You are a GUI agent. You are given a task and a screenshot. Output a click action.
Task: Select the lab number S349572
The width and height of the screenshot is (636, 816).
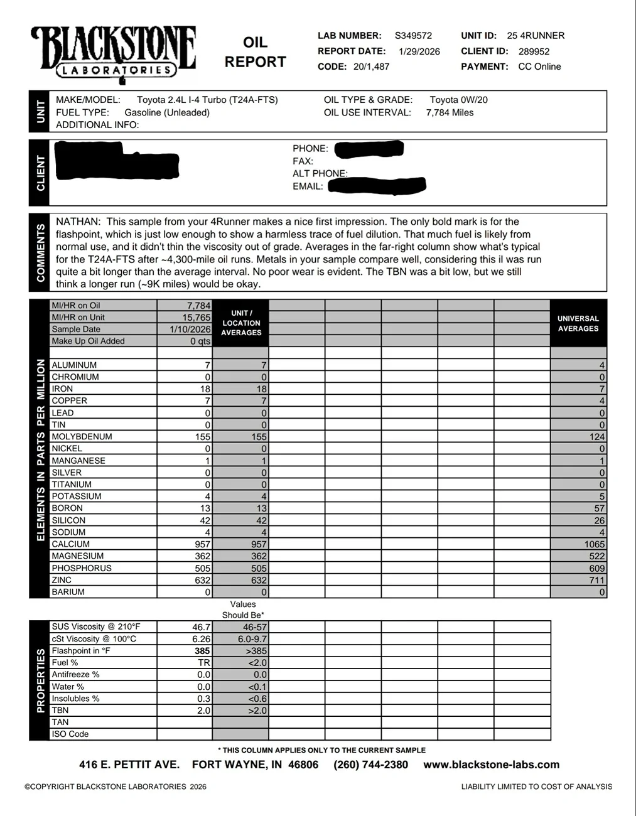coord(413,36)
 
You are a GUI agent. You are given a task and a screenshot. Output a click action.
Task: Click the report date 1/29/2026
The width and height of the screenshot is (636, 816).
coord(419,51)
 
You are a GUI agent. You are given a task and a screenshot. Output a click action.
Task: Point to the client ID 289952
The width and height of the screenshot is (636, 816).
coord(534,51)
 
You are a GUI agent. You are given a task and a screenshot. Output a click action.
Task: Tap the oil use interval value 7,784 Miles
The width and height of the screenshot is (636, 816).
coord(450,113)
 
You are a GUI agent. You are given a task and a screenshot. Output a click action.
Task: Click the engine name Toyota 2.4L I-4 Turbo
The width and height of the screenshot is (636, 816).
coord(207,100)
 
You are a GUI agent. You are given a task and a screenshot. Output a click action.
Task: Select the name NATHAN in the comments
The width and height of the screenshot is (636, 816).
coord(78,222)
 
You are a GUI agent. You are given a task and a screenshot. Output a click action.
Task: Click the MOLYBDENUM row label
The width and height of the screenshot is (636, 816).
coord(82,437)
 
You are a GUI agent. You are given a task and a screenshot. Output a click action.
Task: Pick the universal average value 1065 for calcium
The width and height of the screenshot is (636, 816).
coord(594,544)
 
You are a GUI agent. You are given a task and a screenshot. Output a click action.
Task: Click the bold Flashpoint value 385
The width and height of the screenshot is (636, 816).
coord(202,651)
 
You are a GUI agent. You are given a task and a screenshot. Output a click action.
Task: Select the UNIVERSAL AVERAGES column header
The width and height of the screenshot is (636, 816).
coord(578,323)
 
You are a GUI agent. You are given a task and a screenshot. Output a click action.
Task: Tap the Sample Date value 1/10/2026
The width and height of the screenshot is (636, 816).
coord(190,329)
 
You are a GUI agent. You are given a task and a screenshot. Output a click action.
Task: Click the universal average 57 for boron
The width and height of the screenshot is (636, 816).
coord(599,508)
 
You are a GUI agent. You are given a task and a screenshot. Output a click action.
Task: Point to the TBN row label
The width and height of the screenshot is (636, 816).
coord(60,711)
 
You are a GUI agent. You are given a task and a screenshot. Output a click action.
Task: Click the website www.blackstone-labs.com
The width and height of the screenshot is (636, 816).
coord(491,765)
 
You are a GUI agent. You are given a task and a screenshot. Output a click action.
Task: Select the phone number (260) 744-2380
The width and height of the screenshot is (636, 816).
coord(370,765)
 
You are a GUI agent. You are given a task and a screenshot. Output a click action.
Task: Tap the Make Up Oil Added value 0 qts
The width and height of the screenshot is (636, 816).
coord(200,341)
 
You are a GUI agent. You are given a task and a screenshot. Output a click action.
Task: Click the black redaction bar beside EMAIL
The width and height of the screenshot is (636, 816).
coord(377,185)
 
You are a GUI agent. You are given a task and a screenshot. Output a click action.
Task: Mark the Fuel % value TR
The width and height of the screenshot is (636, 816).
coord(204,663)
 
